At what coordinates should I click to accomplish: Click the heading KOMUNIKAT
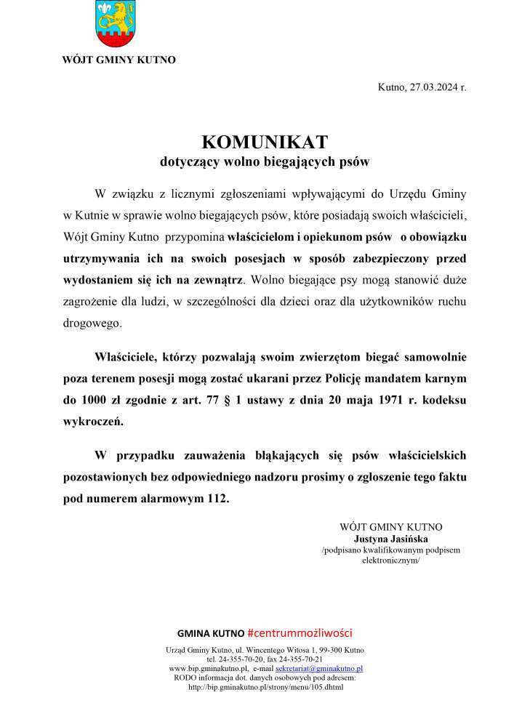coord(265,141)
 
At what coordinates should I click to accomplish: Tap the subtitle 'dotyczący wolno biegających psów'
coord(265,162)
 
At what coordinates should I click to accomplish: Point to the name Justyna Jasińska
coord(390,539)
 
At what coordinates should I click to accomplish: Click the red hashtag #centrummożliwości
coord(300,632)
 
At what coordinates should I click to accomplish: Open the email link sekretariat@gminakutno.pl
coord(319,667)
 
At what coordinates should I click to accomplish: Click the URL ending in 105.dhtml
coord(265,686)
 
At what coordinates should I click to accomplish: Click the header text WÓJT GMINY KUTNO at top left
coord(119,60)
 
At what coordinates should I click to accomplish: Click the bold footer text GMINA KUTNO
coord(211,633)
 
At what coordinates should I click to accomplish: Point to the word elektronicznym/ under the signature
coord(390,561)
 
